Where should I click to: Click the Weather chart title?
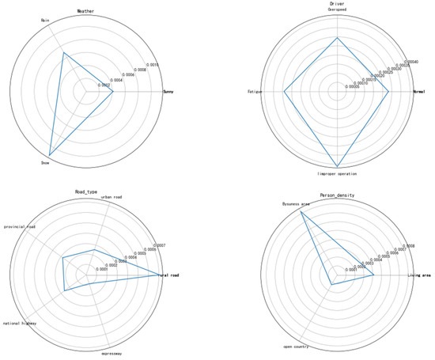click(x=85, y=11)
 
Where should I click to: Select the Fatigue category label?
click(x=255, y=93)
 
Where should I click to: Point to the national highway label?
click(x=20, y=323)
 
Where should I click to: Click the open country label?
click(x=297, y=347)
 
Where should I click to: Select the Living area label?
click(x=419, y=275)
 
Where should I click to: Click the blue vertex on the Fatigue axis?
click(x=284, y=93)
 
